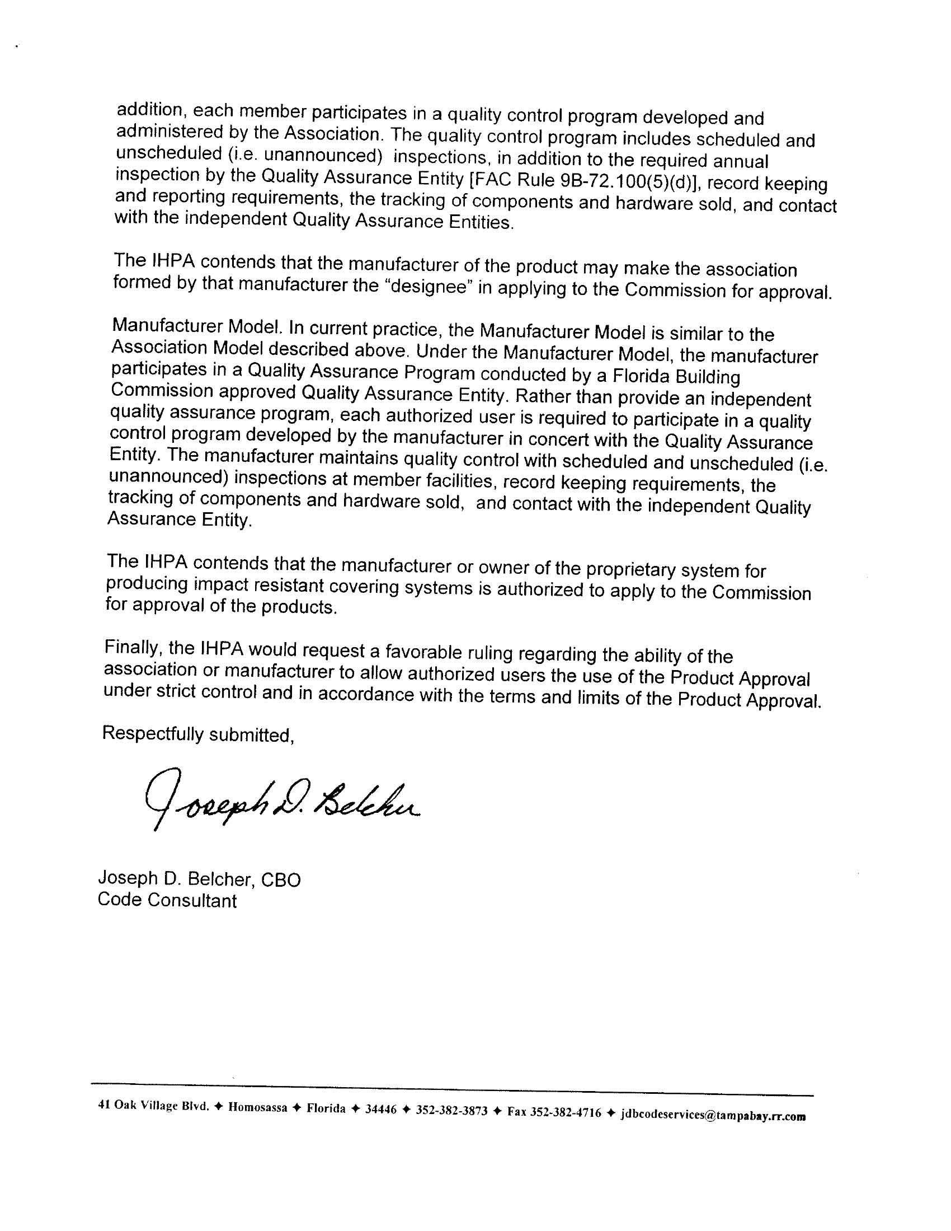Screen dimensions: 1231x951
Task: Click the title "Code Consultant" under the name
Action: pos(167,900)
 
